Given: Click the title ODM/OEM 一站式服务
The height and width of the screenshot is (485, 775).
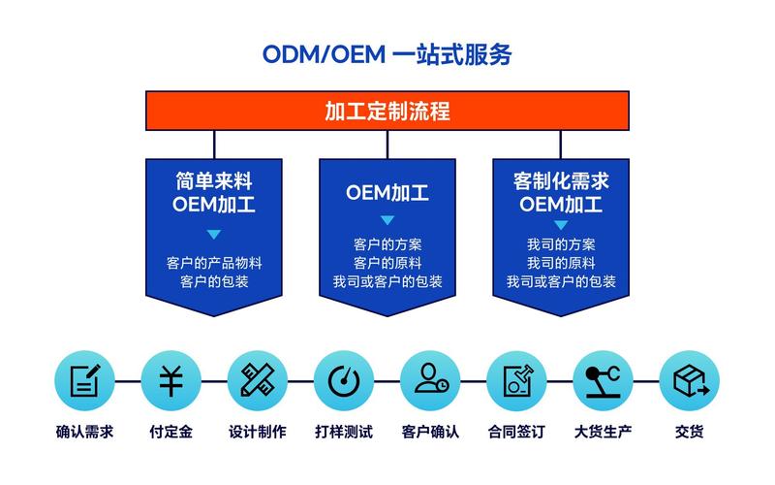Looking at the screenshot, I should [387, 54].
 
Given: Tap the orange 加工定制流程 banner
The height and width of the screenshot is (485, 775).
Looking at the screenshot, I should [387, 111].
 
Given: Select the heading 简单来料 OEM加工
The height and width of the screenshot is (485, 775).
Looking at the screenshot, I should [214, 192].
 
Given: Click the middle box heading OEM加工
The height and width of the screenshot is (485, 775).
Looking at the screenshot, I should [387, 193].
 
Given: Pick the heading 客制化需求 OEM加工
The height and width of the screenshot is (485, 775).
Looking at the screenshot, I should [561, 192].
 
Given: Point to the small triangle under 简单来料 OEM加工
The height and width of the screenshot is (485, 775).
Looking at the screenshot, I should [214, 234].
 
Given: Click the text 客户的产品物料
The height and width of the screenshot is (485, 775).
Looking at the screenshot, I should [214, 263].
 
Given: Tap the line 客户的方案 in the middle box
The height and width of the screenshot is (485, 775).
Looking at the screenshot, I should [387, 244].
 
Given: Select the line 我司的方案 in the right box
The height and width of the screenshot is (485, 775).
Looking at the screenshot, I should [561, 244].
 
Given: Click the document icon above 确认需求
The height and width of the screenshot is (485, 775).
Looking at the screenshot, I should [84, 380].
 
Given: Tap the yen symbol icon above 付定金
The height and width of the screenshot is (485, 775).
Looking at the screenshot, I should [170, 380].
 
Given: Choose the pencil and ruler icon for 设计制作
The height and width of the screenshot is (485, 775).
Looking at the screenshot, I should [257, 380].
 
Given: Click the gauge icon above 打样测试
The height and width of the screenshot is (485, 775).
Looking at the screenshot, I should [344, 380].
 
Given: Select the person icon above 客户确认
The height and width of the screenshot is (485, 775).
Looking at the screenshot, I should [430, 380].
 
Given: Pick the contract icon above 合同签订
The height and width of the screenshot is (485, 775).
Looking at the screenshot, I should [516, 380].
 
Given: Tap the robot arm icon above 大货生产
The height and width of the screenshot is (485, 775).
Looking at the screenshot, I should [603, 380].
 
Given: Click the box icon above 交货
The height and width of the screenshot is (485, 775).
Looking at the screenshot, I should [690, 380].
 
